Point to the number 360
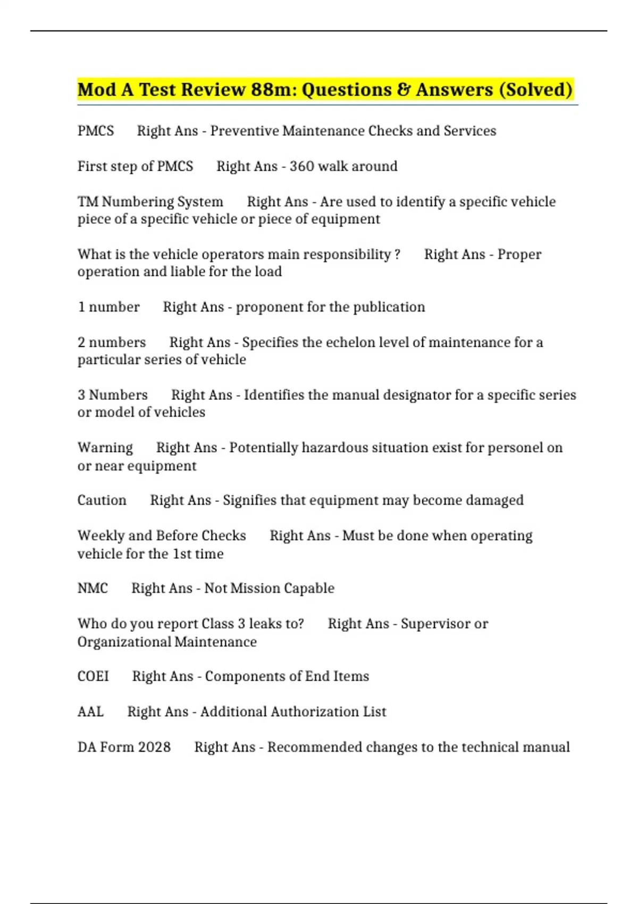click(x=301, y=166)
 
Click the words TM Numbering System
click(x=150, y=202)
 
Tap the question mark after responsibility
click(x=398, y=255)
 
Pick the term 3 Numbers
click(x=113, y=395)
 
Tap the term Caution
click(x=102, y=500)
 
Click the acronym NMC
click(x=93, y=588)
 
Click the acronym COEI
click(x=93, y=676)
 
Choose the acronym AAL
click(x=90, y=712)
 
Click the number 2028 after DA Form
click(x=154, y=747)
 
